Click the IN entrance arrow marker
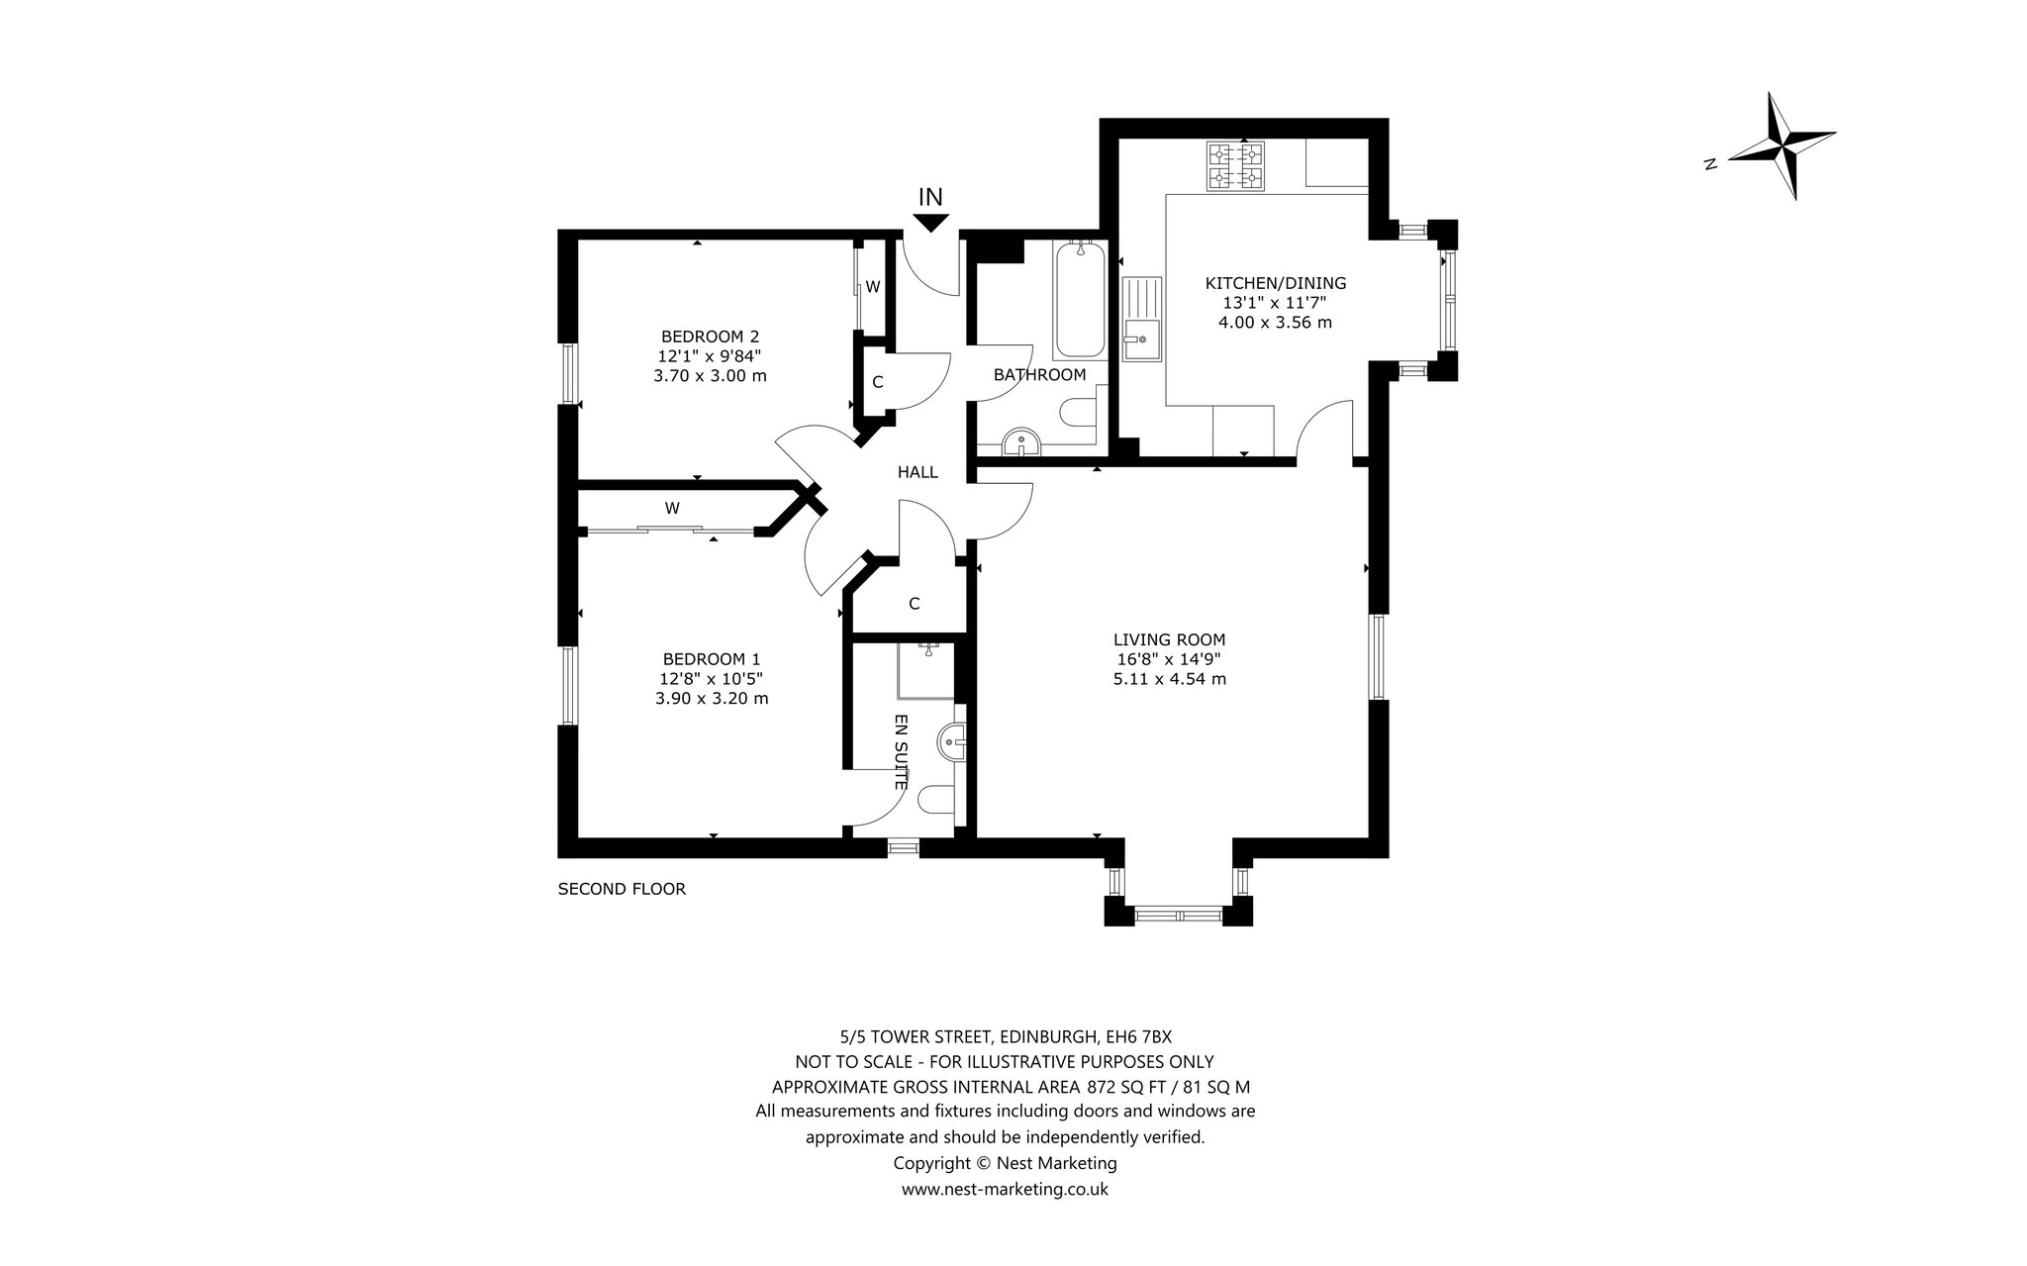tap(930, 224)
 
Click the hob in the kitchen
tap(1236, 166)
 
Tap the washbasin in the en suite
tap(950, 740)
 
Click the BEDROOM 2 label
tap(710, 337)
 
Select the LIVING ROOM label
tap(1169, 640)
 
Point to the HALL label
tap(917, 473)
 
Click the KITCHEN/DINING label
tap(1275, 283)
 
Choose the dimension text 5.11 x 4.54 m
tap(1169, 679)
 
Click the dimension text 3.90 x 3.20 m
tap(711, 698)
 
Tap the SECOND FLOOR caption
tap(622, 889)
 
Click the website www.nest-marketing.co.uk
tap(1005, 1190)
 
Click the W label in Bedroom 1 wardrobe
tap(672, 509)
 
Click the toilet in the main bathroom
tap(1079, 412)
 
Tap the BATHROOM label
tap(1039, 375)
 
